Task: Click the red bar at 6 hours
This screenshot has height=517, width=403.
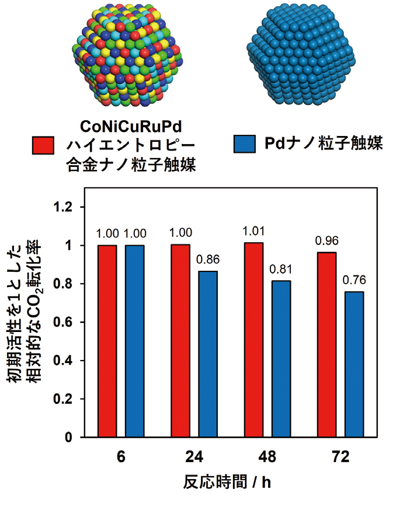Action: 107,341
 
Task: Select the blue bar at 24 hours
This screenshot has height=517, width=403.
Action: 208,354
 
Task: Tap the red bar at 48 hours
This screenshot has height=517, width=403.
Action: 254,340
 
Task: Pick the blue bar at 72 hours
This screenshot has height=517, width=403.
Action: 355,364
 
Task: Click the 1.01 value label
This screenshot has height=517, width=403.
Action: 254,230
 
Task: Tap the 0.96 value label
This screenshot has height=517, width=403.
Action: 327,240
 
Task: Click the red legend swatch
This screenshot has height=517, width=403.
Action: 43,146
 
